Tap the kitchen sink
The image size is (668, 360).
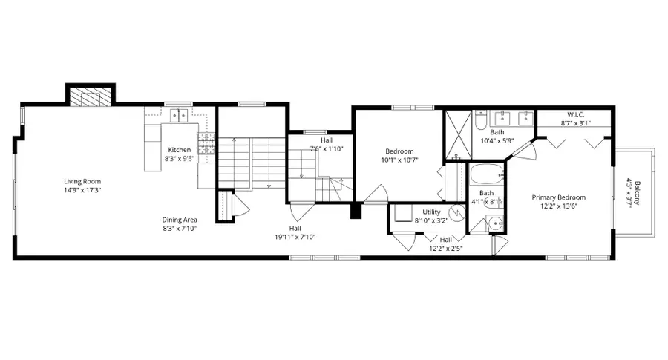179,115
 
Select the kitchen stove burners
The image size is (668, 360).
206,143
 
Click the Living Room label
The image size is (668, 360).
82,181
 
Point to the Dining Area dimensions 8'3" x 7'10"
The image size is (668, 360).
180,229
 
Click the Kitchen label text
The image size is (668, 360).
179,149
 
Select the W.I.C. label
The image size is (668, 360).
576,115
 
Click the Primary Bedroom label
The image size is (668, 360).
559,197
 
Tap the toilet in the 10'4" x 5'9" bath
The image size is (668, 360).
479,119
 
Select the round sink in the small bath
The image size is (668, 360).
495,223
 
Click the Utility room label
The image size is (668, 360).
431,212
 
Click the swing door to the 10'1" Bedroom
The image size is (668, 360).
376,194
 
